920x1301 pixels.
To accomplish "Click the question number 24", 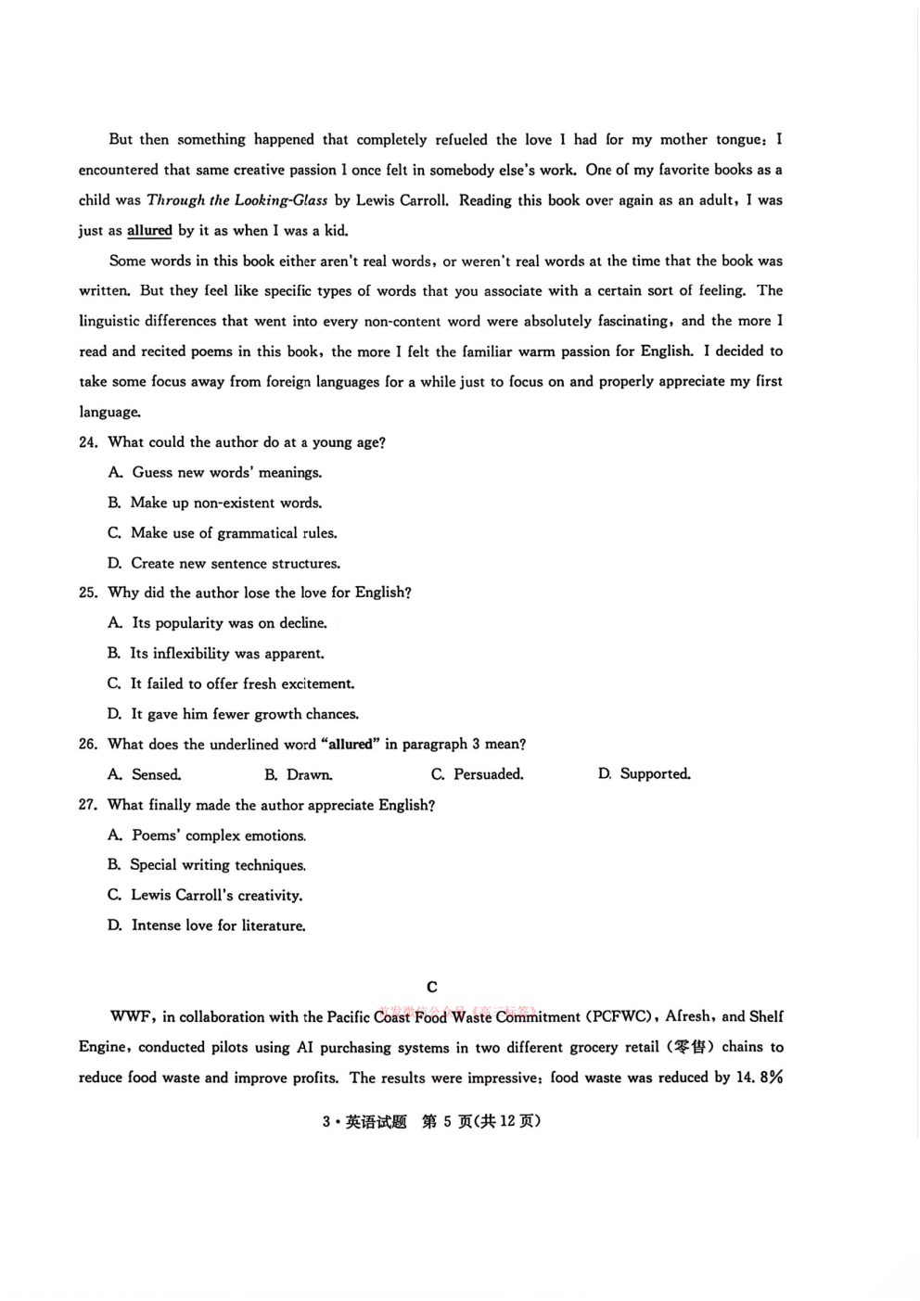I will pos(88,443).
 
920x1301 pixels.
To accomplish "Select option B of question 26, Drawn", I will pos(298,775).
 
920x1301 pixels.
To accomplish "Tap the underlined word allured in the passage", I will pos(149,231).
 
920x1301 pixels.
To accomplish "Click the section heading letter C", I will pos(431,988).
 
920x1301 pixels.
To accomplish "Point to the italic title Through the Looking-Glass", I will pos(237,200).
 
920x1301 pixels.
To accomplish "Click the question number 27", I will pos(88,806).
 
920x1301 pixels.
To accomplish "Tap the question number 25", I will pos(88,593).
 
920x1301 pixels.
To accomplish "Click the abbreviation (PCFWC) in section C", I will pos(620,1017).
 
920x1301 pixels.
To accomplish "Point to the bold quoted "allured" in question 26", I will pos(350,745).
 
